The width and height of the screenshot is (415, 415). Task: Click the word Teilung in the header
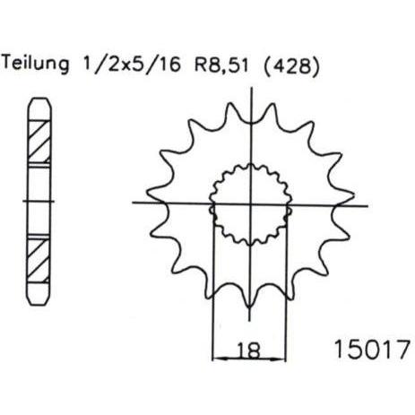coord(36,65)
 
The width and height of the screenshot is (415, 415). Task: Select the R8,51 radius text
coord(221,64)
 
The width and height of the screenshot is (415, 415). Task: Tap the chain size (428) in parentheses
coord(292,65)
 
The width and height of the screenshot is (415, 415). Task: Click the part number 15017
coord(372,350)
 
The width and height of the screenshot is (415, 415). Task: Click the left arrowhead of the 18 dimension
coord(218,358)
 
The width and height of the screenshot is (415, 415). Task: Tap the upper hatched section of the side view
coord(39,142)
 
